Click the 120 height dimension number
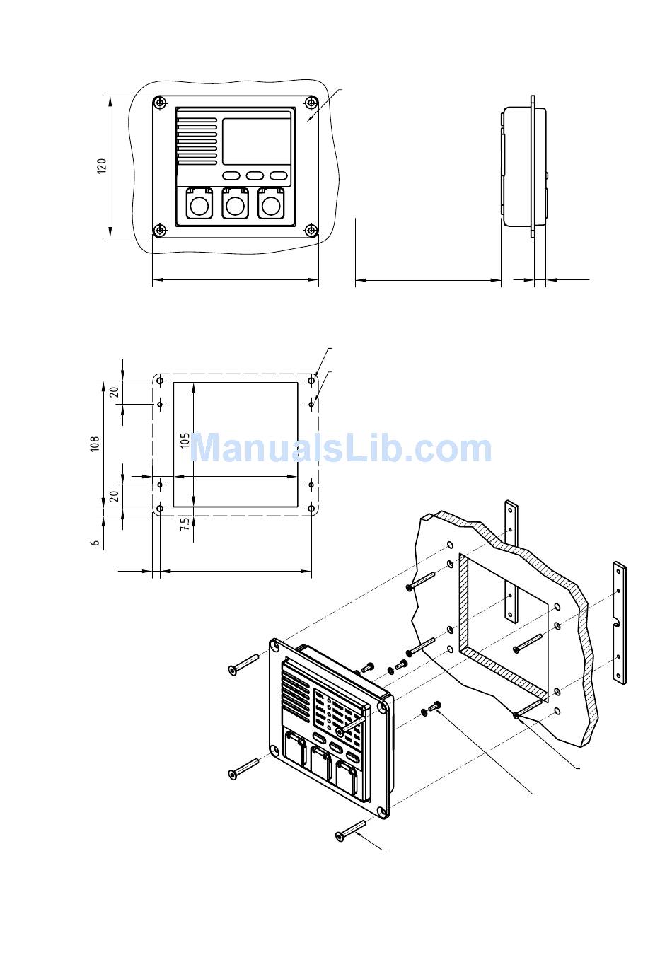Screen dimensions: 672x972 (101, 166)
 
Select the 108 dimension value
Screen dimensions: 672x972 (95, 444)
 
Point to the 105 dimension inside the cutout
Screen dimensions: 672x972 (185, 441)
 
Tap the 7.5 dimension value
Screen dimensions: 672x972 (185, 524)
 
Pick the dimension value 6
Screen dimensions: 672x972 (95, 543)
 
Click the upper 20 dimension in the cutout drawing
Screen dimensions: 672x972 (115, 392)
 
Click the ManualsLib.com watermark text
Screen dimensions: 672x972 (340, 449)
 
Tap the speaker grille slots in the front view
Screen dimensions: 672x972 (197, 141)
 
